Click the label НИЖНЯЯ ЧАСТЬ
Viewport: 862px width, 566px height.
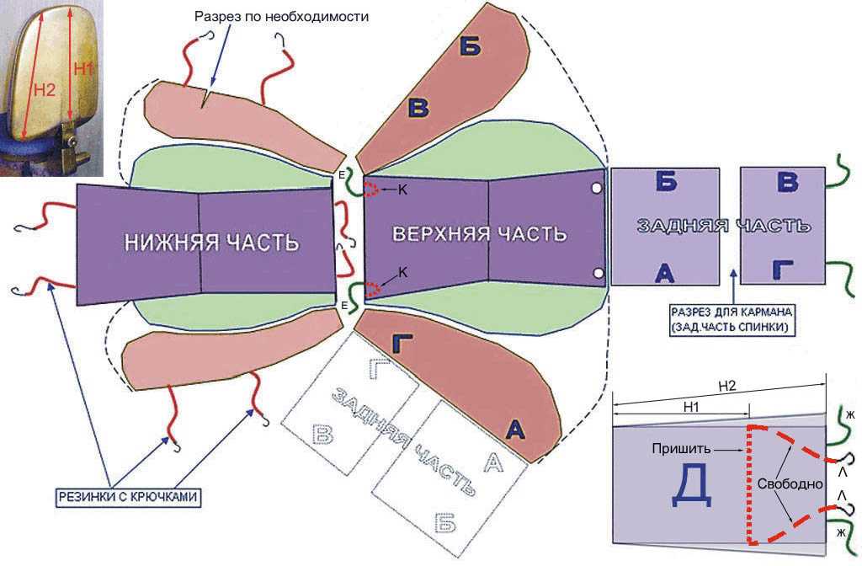coord(211,243)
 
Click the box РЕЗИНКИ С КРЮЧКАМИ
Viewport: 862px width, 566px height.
coord(128,497)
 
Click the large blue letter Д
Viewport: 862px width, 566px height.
coord(693,487)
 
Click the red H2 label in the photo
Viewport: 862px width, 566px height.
coord(44,89)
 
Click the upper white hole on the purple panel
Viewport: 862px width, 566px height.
coord(597,189)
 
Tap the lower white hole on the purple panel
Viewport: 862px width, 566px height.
coord(598,272)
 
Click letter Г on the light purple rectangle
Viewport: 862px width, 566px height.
coord(783,269)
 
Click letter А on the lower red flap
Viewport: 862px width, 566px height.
coord(515,429)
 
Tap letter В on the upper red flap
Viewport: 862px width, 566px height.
coord(419,107)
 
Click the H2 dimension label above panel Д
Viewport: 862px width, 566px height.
coord(728,386)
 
